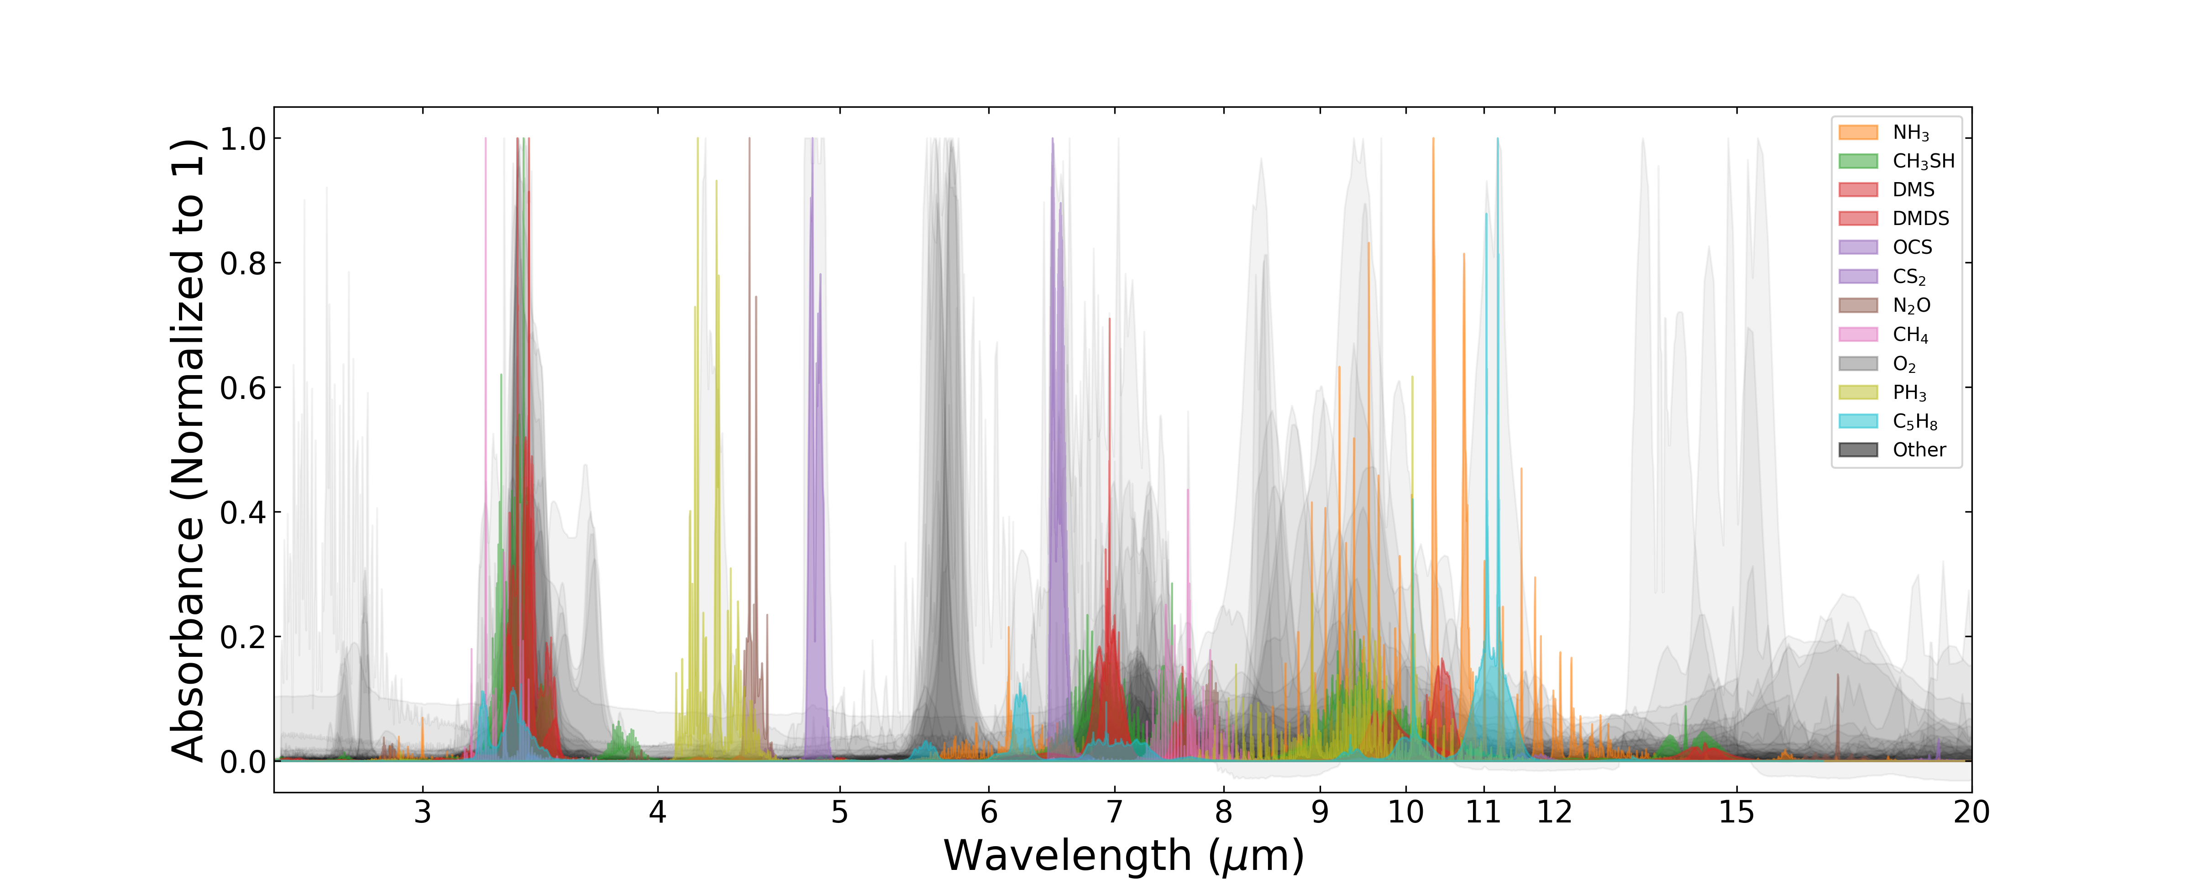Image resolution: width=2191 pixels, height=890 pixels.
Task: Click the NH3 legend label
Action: pos(1910,133)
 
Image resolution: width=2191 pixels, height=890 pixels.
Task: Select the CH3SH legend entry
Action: pos(1923,162)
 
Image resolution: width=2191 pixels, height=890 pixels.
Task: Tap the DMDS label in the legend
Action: pos(1920,219)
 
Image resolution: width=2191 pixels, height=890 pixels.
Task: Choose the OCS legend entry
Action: pos(1912,247)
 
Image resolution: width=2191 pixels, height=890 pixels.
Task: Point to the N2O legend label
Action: pos(1911,305)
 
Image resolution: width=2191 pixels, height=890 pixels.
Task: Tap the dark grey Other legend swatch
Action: pos(1858,450)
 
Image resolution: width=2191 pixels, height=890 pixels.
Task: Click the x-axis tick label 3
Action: pos(423,812)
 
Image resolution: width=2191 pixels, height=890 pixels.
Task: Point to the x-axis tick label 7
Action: pos(1114,812)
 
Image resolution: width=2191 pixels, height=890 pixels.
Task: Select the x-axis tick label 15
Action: pos(1736,812)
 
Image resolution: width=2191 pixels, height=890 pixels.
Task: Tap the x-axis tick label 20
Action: pos(1971,812)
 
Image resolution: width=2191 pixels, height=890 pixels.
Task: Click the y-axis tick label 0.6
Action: pos(242,388)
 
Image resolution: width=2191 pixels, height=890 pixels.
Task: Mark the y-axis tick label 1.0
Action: pos(242,139)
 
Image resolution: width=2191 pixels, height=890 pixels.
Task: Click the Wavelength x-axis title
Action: pos(1123,856)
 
